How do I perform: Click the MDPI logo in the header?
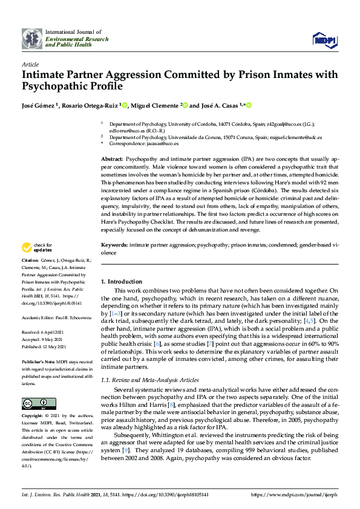coord(324,39)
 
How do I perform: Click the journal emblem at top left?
coord(32,38)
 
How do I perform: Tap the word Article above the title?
coord(30,64)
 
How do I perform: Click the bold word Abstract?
coord(111,158)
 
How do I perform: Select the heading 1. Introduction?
coord(122,282)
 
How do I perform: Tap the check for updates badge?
coord(36,247)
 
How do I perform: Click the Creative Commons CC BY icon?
coord(36,403)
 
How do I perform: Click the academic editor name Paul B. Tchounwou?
coord(73,316)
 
